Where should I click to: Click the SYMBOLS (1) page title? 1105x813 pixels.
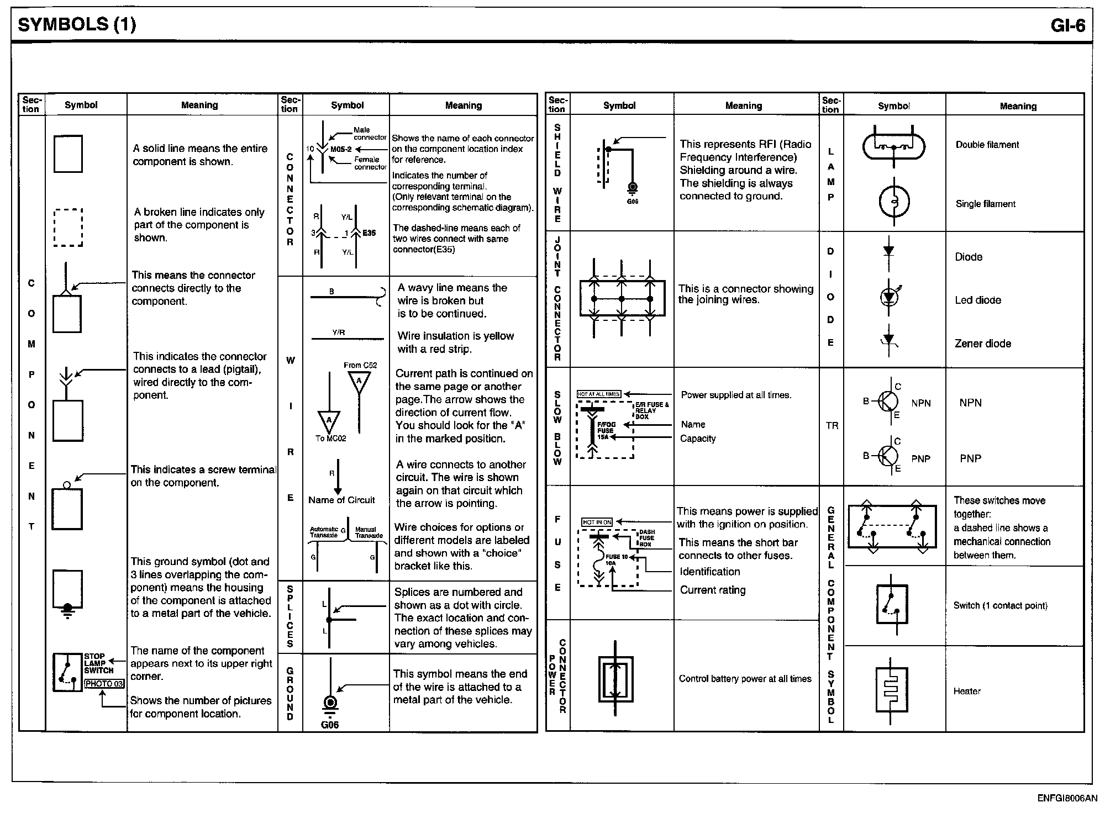[x=77, y=25]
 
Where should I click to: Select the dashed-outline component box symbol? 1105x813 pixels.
[x=68, y=228]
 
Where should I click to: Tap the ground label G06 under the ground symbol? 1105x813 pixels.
[x=330, y=725]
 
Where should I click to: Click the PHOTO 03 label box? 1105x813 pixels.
[x=104, y=684]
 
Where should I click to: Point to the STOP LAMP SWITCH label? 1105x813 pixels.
[x=98, y=663]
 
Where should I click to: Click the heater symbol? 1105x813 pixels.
[x=891, y=690]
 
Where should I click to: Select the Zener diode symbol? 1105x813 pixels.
[x=888, y=341]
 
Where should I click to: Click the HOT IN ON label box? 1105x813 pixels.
[x=597, y=522]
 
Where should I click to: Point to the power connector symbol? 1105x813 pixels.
[x=615, y=679]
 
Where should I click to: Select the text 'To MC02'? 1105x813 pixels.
[x=330, y=439]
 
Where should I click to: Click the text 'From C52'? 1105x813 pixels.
[x=360, y=365]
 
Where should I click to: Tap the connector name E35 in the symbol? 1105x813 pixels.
[x=369, y=233]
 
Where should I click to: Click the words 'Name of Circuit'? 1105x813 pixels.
[x=341, y=500]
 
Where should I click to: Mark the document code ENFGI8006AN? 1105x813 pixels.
[x=1067, y=798]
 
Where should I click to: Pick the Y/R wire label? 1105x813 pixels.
[x=339, y=332]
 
